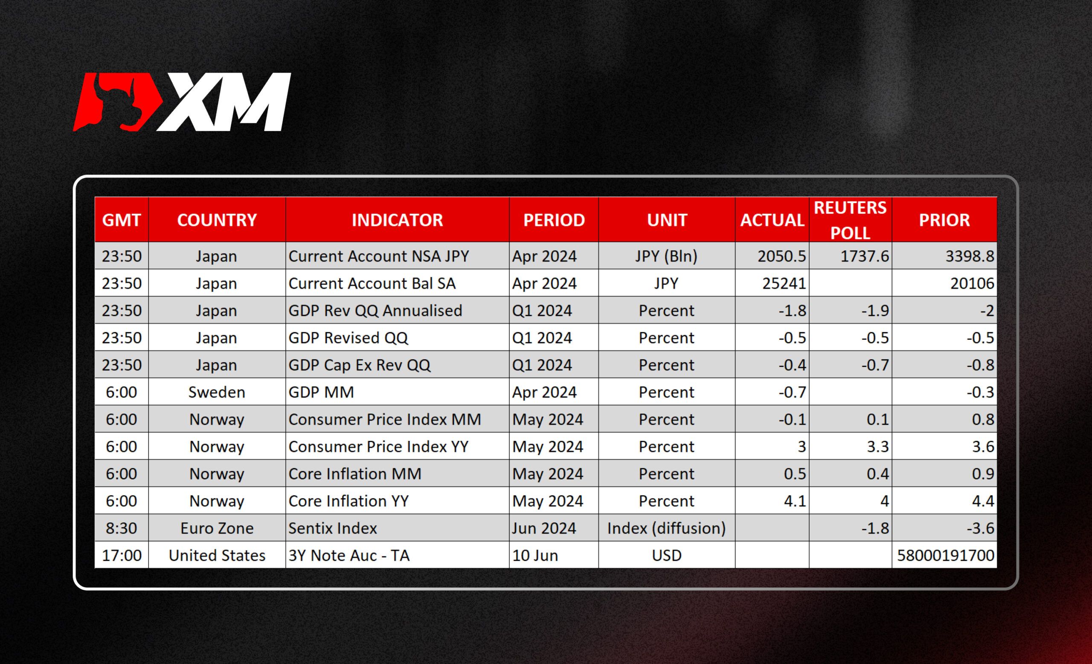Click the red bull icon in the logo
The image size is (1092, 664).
pyautogui.click(x=118, y=102)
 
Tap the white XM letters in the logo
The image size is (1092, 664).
pyautogui.click(x=224, y=102)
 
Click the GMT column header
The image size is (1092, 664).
pyautogui.click(x=122, y=220)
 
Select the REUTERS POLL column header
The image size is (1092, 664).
pyautogui.click(x=850, y=220)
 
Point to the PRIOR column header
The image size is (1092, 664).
pyautogui.click(x=944, y=220)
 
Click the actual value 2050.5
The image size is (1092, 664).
pyautogui.click(x=781, y=256)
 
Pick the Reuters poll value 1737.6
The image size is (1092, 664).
pyautogui.click(x=865, y=256)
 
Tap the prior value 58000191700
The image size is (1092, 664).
pyautogui.click(x=945, y=556)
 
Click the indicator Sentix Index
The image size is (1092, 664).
pyautogui.click(x=332, y=528)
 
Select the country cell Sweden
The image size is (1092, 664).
pyautogui.click(x=217, y=392)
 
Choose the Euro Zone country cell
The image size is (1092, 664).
pyautogui.click(x=217, y=528)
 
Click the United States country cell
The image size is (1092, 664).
pyautogui.click(x=217, y=556)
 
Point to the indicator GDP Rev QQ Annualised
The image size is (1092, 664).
pyautogui.click(x=375, y=311)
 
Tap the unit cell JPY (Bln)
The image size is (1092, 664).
pyautogui.click(x=666, y=256)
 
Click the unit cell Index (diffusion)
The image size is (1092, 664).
pyautogui.click(x=666, y=528)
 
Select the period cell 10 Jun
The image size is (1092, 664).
pyautogui.click(x=535, y=556)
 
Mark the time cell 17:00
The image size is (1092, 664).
pyautogui.click(x=122, y=556)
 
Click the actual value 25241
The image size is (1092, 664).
pyautogui.click(x=784, y=284)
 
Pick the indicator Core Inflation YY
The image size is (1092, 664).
pyautogui.click(x=349, y=501)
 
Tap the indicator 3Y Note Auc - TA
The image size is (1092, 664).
pyautogui.click(x=349, y=556)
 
